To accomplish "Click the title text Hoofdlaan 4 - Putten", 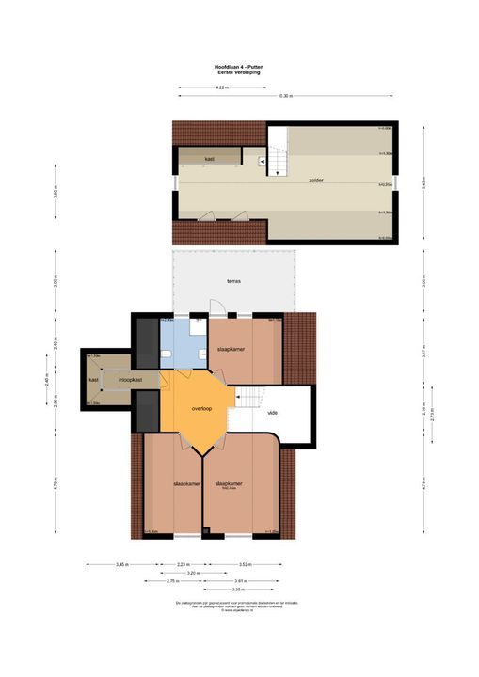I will point(239,66).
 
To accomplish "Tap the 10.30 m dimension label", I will point(285,96).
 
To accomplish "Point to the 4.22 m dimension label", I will point(221,87).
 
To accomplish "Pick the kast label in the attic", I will point(209,159).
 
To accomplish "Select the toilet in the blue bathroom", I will point(166,353).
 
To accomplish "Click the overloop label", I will point(200,409).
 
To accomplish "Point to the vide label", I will point(272,412).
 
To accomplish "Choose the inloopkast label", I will point(130,380).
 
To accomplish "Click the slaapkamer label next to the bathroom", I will point(232,349).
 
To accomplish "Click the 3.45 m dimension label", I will point(121,564).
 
